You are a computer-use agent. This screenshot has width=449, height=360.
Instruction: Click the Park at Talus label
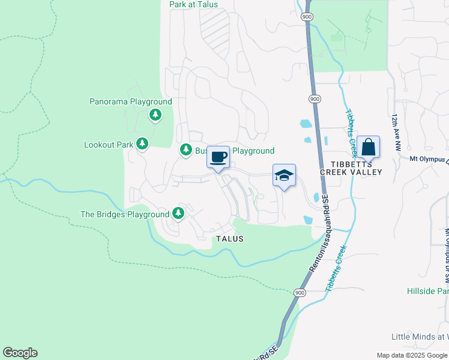193,4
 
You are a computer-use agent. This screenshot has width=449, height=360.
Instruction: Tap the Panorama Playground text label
131,102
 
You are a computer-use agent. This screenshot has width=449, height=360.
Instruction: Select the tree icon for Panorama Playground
155,114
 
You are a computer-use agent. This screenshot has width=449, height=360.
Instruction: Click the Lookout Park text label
109,145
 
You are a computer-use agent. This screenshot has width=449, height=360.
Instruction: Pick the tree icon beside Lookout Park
142,144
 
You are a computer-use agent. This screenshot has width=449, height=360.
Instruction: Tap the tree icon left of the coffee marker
185,151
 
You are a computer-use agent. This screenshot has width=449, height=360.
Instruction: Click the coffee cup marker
218,157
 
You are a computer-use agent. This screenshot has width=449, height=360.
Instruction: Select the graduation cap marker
285,175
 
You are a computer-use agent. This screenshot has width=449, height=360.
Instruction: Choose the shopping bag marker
368,147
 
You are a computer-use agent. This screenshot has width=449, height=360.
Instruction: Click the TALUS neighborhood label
230,239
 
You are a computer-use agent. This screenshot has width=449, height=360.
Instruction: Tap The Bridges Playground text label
125,214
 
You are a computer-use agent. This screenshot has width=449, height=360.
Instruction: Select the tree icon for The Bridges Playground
178,213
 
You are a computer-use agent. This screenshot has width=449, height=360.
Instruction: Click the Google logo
20,353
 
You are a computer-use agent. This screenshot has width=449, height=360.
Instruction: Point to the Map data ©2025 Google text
411,355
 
